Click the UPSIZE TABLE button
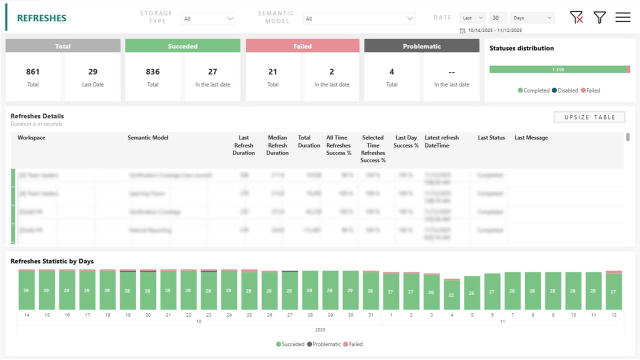coord(589,117)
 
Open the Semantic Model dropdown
coord(359,18)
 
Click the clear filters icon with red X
coord(576,17)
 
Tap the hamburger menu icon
coord(622,17)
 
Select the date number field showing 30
coord(497,18)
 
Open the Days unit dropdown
coord(532,18)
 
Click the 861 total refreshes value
coord(33,72)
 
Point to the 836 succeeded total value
coord(153,72)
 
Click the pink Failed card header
coord(302,46)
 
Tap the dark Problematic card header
coord(421,46)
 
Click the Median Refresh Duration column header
coord(277,145)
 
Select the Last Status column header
coord(491,138)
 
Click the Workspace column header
coord(31,138)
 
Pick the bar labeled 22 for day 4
coord(451,294)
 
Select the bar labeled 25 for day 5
coord(471,293)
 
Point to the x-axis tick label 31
coord(370,315)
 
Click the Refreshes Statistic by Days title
coord(52,261)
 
